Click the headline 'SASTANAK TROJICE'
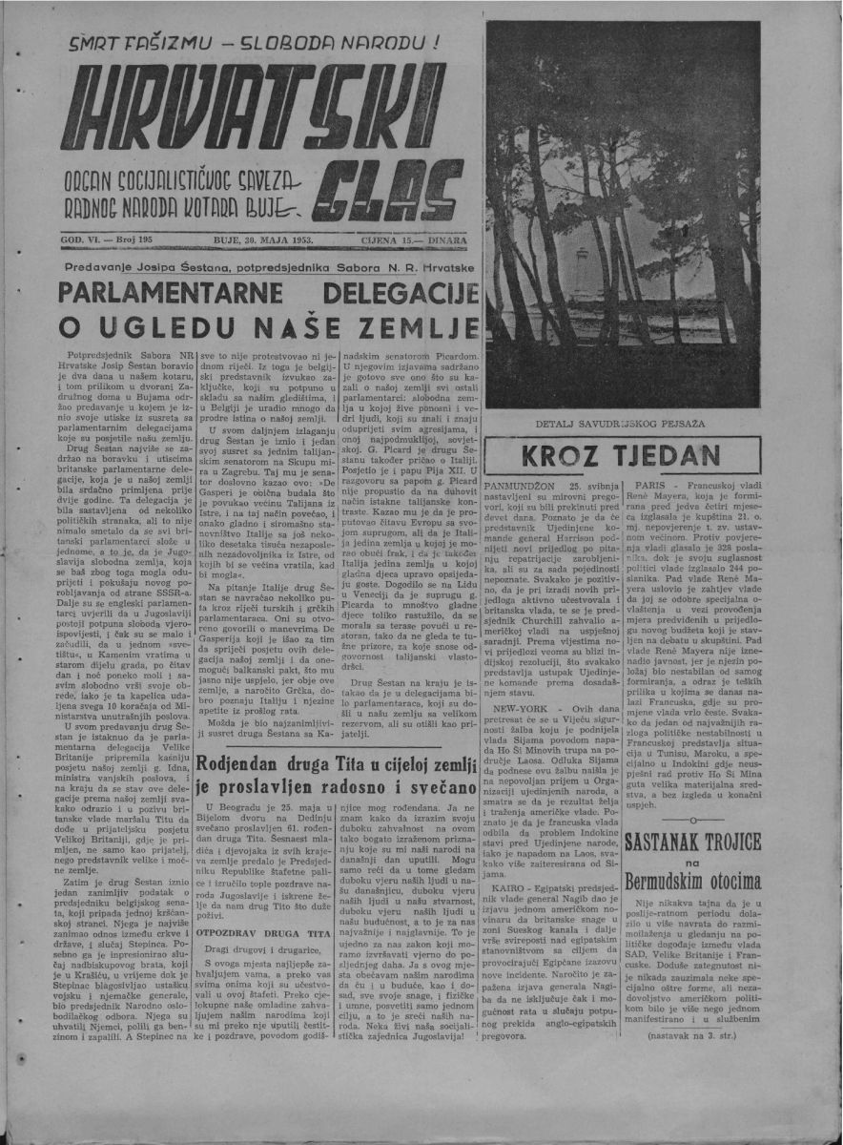click(693, 843)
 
